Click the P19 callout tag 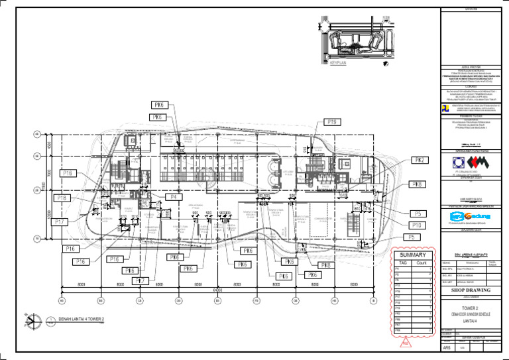tap(332, 122)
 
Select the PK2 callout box tap(421, 160)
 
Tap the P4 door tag tap(174, 197)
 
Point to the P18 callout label tap(62, 198)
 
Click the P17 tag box tap(59, 221)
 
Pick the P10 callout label tap(418, 225)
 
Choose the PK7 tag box tap(140, 280)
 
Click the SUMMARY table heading tap(412, 255)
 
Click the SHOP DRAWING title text tap(471, 290)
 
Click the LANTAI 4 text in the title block tap(471, 321)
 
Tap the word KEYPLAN tap(339, 64)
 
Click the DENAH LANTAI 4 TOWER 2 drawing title tap(82, 320)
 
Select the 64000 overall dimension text tap(217, 290)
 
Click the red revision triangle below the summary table tap(406, 343)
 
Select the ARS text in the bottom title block tap(447, 346)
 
